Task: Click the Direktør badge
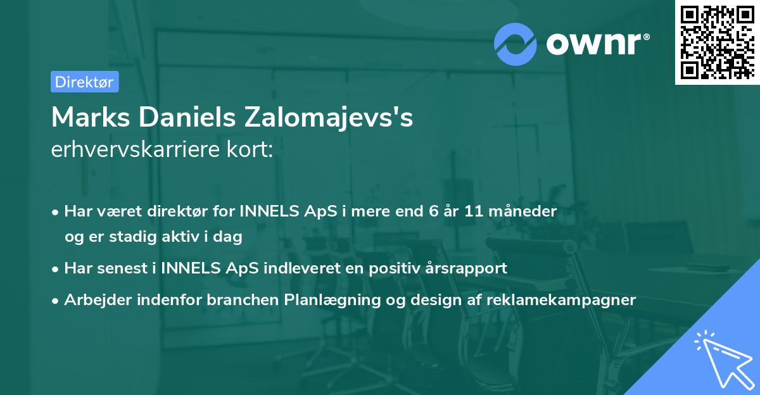pos(84,82)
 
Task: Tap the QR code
pos(716,42)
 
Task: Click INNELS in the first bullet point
pos(270,211)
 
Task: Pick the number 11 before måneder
pos(478,211)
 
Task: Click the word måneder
pos(526,211)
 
